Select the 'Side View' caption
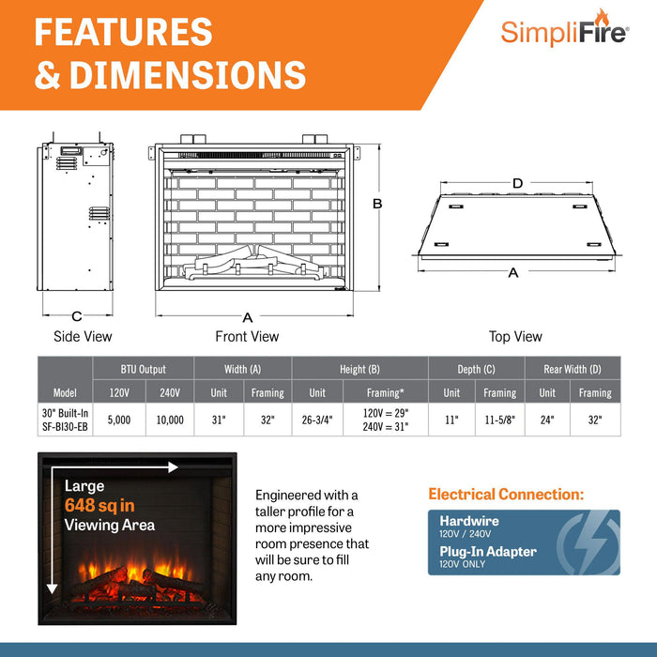tap(83, 336)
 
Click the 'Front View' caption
tap(248, 336)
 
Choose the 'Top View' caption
tap(515, 336)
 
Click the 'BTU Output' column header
tap(144, 369)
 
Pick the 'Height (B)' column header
tap(360, 369)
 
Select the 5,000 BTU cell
tap(120, 420)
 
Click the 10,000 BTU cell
tap(170, 420)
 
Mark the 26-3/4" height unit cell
tap(317, 420)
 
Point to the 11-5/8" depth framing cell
tap(499, 420)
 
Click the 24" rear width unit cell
tap(547, 420)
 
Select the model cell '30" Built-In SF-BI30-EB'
tap(66, 420)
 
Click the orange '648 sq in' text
tap(99, 506)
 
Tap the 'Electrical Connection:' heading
tap(506, 494)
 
